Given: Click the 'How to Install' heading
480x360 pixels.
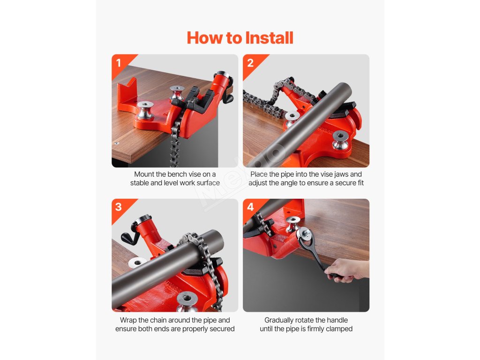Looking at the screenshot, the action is click(240, 38).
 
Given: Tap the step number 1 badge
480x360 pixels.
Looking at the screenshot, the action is click(119, 63).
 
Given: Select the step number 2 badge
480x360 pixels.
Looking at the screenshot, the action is click(250, 63).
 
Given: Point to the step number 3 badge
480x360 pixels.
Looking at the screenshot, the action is click(119, 207).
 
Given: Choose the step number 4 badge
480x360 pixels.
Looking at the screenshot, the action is click(250, 207).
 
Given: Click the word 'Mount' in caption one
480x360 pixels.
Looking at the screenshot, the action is click(144, 174).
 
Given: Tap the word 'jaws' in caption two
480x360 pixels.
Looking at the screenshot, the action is click(341, 174).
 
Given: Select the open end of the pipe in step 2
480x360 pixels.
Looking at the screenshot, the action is click(342, 91).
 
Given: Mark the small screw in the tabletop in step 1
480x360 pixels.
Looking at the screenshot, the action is click(116, 143).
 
